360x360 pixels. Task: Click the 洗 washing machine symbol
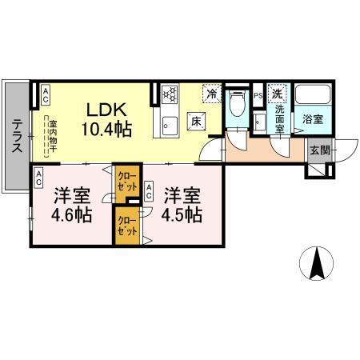[277, 94]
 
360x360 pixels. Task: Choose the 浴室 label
[313, 119]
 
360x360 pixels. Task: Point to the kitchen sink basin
[169, 124]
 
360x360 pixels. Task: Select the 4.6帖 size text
[72, 215]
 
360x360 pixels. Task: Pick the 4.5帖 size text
[182, 215]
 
